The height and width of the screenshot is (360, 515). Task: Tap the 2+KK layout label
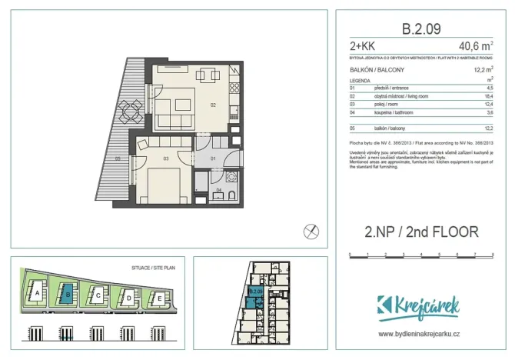361,47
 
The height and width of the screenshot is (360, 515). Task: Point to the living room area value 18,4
487,97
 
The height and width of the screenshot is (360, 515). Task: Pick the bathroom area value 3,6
489,113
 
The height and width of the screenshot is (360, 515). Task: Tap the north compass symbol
310,229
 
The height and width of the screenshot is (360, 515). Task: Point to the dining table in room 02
208,75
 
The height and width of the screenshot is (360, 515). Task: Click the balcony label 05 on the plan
118,158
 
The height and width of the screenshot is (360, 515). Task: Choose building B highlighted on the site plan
68,293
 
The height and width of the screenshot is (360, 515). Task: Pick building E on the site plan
157,298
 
